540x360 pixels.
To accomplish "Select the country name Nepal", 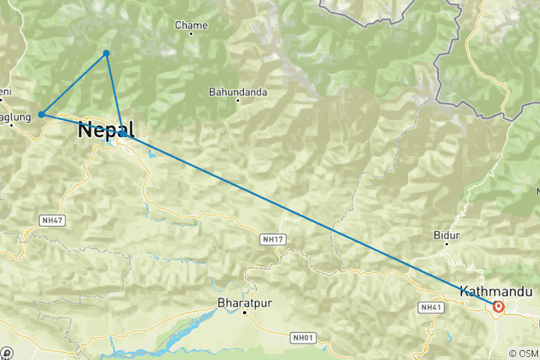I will pos(106,130).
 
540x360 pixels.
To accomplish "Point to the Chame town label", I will pos(190,25).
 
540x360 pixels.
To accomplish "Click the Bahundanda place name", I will pos(237,92).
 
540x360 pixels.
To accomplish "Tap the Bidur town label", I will pos(446,235).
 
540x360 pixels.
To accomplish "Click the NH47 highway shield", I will pos(49,220).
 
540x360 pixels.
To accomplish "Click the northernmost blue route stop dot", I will pos(106,52).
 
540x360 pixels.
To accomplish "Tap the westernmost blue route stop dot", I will pos(41,114).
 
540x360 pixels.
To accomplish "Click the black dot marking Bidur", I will pos(446,244).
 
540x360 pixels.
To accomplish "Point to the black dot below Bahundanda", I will pos(237,101).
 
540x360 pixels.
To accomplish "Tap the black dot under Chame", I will pos(190,34).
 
